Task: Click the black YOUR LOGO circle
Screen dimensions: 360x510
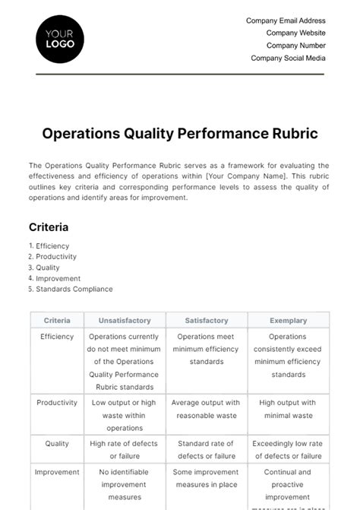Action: point(60,39)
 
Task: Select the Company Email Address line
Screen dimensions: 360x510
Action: point(286,21)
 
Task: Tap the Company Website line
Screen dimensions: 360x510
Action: point(295,33)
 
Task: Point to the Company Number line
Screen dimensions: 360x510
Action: point(295,46)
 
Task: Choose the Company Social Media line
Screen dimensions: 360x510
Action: point(288,58)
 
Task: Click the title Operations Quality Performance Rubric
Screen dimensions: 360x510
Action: point(180,134)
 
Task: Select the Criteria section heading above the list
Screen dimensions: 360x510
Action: point(49,226)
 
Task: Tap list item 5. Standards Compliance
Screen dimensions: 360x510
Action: point(71,289)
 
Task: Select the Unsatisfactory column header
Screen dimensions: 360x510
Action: point(125,321)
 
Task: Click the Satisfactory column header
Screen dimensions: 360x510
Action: point(207,321)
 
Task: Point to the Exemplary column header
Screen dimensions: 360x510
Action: point(288,321)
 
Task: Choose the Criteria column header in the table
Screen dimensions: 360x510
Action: point(57,321)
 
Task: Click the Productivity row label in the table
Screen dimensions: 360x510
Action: point(57,404)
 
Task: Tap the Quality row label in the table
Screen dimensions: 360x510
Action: point(57,444)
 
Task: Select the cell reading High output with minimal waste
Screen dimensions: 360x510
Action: point(288,410)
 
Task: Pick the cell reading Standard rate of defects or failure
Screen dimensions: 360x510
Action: point(207,450)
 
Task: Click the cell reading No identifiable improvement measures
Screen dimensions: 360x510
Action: point(125,484)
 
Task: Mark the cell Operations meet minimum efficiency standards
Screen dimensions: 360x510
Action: point(207,349)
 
